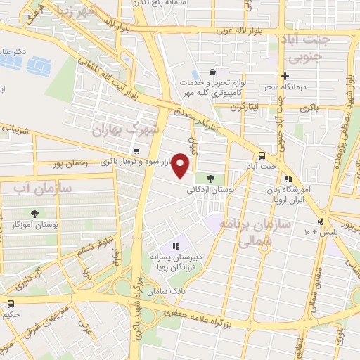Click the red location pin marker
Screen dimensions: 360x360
tap(181, 165)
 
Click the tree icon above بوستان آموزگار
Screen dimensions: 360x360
tap(35, 213)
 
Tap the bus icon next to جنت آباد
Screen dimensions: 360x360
tap(262, 155)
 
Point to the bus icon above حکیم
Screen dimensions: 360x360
tap(10, 304)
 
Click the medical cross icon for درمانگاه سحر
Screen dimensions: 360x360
tap(285, 77)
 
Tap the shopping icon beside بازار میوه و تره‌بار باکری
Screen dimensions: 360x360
tap(136, 150)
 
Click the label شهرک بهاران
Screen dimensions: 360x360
tap(128, 129)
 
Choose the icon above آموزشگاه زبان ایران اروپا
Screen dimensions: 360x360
tap(288, 179)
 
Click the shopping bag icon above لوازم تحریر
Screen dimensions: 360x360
tap(212, 72)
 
